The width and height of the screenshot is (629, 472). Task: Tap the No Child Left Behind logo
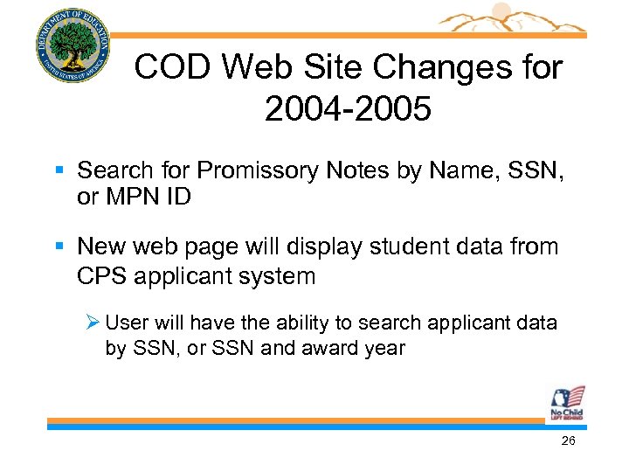coord(566,403)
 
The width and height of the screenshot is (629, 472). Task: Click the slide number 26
coord(568,441)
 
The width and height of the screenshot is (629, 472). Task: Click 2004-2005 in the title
coord(347,110)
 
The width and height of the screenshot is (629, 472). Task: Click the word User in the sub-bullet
coord(126,323)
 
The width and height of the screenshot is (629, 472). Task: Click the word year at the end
coord(385,349)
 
